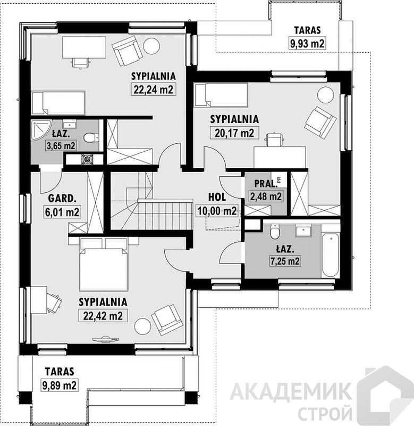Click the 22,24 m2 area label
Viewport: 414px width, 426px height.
153,89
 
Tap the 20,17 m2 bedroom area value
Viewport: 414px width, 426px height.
234,133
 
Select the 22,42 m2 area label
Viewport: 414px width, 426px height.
103,315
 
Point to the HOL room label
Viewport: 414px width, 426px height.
217,197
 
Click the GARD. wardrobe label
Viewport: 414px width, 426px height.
62,198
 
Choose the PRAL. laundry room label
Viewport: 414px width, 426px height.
266,184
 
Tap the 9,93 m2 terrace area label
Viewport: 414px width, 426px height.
307,44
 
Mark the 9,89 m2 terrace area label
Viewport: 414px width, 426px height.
60,384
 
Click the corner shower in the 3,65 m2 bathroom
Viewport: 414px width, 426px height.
41,130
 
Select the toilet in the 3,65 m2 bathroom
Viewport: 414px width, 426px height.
90,137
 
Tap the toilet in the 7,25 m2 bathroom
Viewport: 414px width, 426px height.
275,231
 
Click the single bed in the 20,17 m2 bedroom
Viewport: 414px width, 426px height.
221,95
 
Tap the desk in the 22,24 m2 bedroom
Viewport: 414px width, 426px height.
84,47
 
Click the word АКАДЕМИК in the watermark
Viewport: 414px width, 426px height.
291,392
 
